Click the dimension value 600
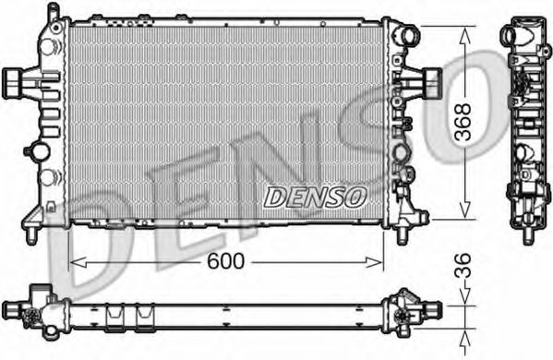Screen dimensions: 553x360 [x=225, y=261]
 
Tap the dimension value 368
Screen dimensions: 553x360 [x=463, y=122]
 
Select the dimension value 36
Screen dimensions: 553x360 [x=463, y=266]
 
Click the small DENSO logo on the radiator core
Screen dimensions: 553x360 [x=315, y=197]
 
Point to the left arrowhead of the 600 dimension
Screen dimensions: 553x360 [x=78, y=262]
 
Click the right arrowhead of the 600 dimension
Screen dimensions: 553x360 [x=374, y=262]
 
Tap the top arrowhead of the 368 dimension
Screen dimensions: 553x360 [x=465, y=36]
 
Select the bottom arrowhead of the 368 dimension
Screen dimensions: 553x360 [x=465, y=210]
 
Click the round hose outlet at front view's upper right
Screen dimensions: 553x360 [x=408, y=35]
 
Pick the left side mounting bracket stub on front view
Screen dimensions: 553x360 [x=14, y=83]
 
